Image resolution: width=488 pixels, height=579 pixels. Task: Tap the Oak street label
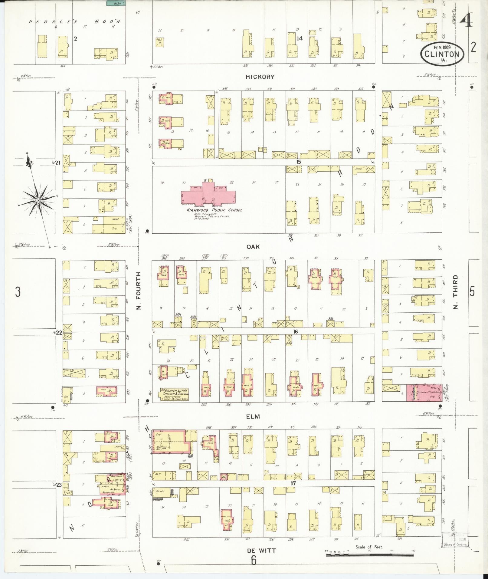pyautogui.click(x=253, y=247)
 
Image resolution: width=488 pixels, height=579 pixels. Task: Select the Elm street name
pyautogui.click(x=253, y=416)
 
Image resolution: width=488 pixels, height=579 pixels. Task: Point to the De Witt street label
pyautogui.click(x=261, y=550)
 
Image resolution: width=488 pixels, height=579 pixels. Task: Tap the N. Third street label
pyautogui.click(x=456, y=292)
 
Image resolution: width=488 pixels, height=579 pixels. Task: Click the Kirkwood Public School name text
pyautogui.click(x=214, y=210)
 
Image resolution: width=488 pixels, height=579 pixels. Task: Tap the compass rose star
pyautogui.click(x=38, y=200)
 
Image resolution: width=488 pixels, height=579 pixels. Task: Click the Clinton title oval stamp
pyautogui.click(x=442, y=54)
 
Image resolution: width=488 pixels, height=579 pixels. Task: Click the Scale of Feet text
pyautogui.click(x=369, y=547)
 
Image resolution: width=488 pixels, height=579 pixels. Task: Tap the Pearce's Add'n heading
pyautogui.click(x=74, y=21)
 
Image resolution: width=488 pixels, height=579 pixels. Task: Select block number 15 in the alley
pyautogui.click(x=299, y=162)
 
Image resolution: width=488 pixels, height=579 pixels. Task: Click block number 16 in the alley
pyautogui.click(x=295, y=332)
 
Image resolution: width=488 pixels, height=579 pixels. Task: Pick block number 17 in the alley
pyautogui.click(x=293, y=484)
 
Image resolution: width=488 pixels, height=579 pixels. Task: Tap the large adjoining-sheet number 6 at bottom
pyautogui.click(x=254, y=561)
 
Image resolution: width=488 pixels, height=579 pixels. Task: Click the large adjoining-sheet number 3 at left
pyautogui.click(x=18, y=292)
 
